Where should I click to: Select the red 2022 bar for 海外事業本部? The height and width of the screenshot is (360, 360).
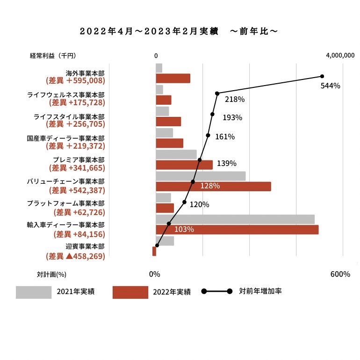click(173, 79)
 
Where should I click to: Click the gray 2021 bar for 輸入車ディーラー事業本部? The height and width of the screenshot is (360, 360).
click(235, 219)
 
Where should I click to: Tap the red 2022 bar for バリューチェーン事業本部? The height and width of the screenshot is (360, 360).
click(213, 186)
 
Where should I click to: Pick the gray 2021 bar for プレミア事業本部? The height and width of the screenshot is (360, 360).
click(176, 154)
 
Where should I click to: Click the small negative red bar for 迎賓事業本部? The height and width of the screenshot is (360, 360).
click(154, 252)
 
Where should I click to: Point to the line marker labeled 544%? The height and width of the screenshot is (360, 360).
click(322, 76)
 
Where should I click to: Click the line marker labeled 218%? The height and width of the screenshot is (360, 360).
click(217, 94)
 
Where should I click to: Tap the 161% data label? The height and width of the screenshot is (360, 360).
click(225, 137)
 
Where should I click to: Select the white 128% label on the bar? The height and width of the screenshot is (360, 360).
click(210, 186)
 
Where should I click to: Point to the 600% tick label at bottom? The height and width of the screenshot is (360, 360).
click(340, 274)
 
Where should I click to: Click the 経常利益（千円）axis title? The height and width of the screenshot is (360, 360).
click(52, 56)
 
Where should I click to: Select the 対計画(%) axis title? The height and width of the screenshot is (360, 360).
click(51, 274)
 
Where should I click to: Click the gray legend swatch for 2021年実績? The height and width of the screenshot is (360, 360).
click(34, 292)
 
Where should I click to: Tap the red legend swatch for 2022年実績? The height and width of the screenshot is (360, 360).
click(130, 292)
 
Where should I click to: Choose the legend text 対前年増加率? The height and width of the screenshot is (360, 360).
click(260, 291)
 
